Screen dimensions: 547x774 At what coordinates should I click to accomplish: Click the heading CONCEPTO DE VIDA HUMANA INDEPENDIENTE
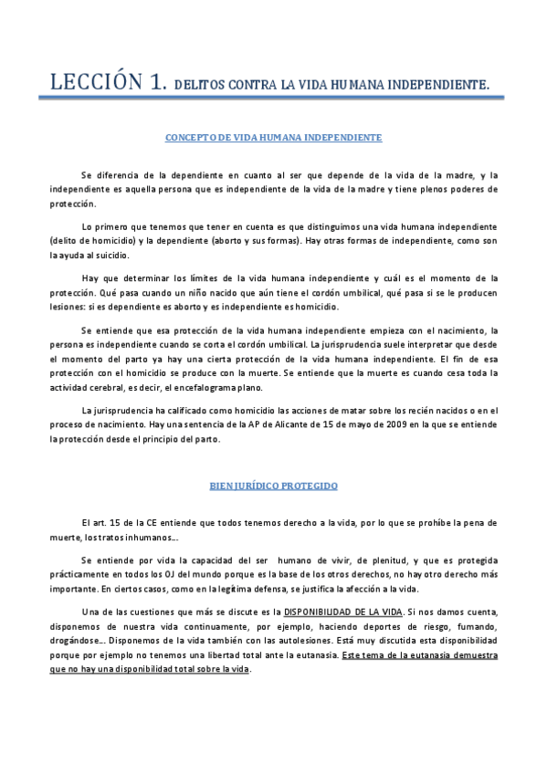tap(273, 137)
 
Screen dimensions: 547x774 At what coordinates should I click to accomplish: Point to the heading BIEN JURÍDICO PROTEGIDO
tap(273, 486)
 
